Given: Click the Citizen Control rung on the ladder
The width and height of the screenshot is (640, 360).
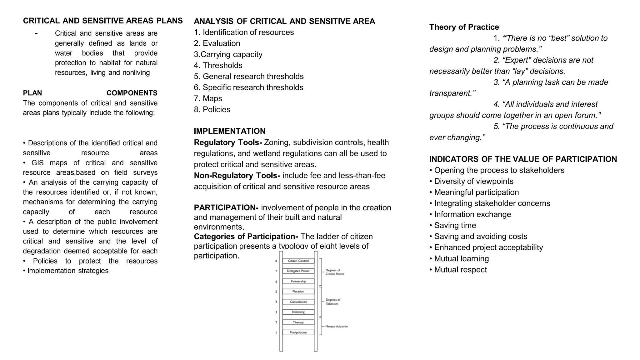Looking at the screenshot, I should pyautogui.click(x=298, y=261).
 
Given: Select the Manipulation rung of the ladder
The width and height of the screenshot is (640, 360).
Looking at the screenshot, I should pyautogui.click(x=298, y=332).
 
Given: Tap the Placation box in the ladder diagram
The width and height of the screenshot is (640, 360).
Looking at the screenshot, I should pyautogui.click(x=298, y=291).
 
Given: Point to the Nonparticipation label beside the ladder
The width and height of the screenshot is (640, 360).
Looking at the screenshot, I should pyautogui.click(x=336, y=326).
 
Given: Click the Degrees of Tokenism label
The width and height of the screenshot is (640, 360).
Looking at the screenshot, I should pyautogui.click(x=332, y=302).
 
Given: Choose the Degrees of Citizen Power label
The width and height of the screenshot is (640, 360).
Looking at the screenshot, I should pyautogui.click(x=334, y=272).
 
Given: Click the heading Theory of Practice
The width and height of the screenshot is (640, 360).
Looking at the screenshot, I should pyautogui.click(x=464, y=27).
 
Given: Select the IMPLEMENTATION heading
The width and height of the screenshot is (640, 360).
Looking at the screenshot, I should pyautogui.click(x=229, y=131).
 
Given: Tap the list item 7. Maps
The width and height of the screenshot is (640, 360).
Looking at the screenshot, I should pyautogui.click(x=208, y=98).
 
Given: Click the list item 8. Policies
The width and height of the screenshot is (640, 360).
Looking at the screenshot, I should pyautogui.click(x=212, y=109).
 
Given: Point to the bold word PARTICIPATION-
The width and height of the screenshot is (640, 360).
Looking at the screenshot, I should pyautogui.click(x=226, y=208).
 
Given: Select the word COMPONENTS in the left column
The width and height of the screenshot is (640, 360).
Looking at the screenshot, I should pyautogui.click(x=132, y=93).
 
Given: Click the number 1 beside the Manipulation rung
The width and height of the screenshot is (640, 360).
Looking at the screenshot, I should pyautogui.click(x=276, y=332).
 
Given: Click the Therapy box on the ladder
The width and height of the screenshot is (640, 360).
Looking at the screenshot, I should pyautogui.click(x=298, y=322).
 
